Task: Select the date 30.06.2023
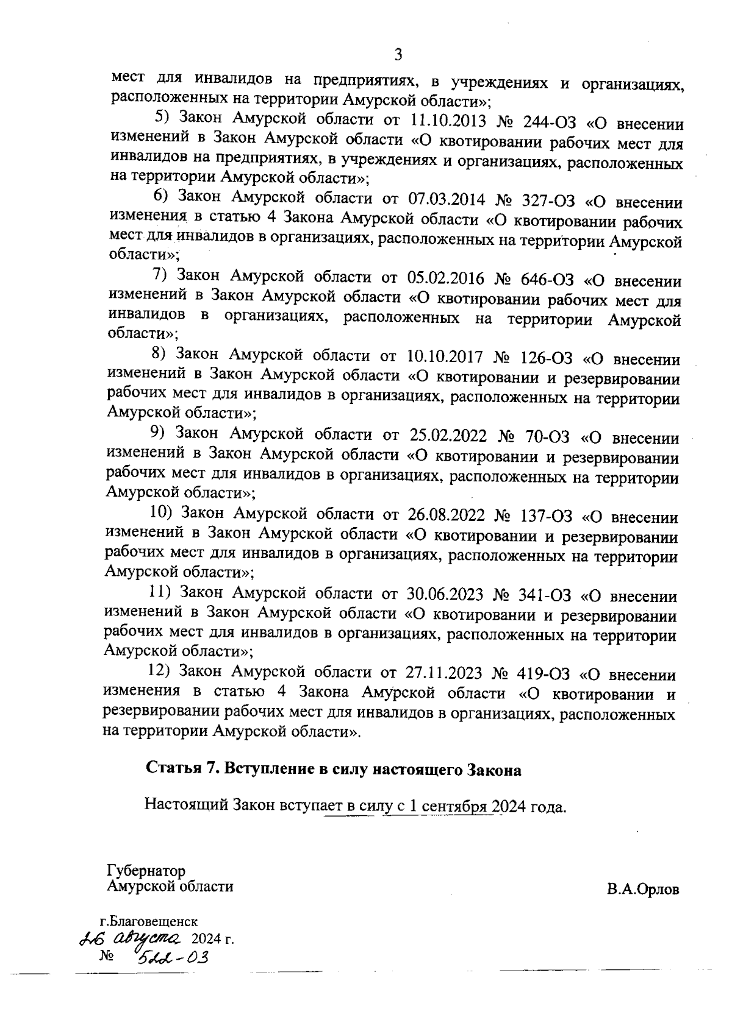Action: tap(446, 594)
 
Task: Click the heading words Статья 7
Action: tap(182, 770)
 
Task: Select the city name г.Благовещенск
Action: tap(148, 923)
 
